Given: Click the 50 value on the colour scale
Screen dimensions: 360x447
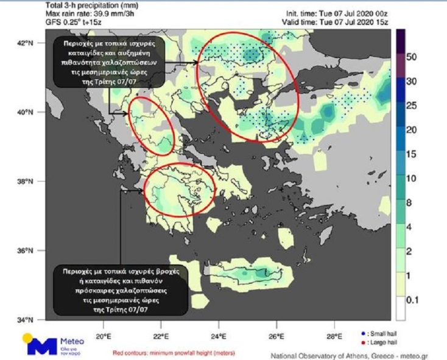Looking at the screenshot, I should coord(411,57).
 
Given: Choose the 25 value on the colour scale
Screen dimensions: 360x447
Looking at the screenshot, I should coord(411,105).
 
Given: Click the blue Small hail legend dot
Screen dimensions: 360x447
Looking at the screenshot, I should coord(363,334).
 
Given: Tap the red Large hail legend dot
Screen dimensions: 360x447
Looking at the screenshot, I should coord(363,341).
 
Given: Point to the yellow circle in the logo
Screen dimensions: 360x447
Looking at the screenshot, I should coord(28,339).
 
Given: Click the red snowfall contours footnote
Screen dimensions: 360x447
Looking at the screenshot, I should coord(174,353).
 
